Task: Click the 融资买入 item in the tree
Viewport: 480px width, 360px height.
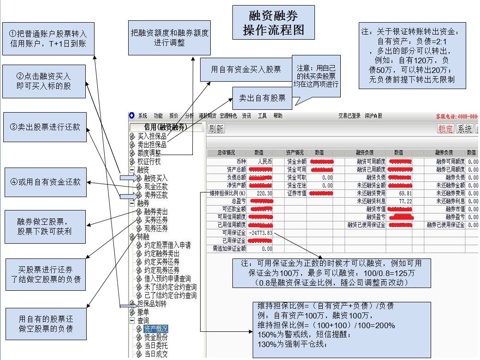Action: pyautogui.click(x=156, y=178)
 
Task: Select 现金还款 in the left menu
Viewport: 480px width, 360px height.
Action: pyautogui.click(x=156, y=186)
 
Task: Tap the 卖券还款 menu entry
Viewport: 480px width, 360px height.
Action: pyautogui.click(x=156, y=195)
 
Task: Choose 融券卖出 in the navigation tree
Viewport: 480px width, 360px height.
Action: pyautogui.click(x=156, y=212)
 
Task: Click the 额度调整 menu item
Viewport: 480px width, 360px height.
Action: pyautogui.click(x=149, y=153)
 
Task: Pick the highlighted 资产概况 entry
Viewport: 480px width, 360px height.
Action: pyautogui.click(x=155, y=329)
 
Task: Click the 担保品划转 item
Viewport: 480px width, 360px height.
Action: pyautogui.click(x=152, y=304)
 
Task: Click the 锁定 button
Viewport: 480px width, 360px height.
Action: pyautogui.click(x=445, y=129)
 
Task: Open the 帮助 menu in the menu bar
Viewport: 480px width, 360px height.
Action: pyautogui.click(x=278, y=116)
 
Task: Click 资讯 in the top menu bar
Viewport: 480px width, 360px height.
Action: pyautogui.click(x=247, y=116)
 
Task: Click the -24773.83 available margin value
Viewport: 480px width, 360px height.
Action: pyautogui.click(x=260, y=233)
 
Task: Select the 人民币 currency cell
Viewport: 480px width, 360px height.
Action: pyautogui.click(x=265, y=162)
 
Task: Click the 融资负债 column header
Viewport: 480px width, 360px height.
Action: pyautogui.click(x=365, y=153)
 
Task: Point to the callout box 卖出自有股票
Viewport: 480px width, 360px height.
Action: pyautogui.click(x=262, y=98)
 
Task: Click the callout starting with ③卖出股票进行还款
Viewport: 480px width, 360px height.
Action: pyautogui.click(x=45, y=127)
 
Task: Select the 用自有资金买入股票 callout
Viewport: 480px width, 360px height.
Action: pyautogui.click(x=246, y=70)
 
